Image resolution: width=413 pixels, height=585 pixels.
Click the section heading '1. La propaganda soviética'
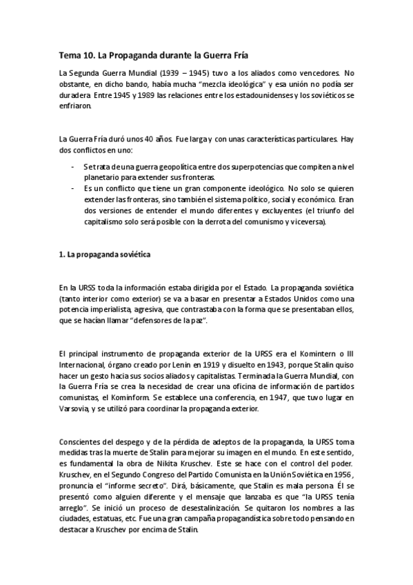point(104,255)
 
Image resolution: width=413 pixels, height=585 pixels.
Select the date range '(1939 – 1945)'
point(190,72)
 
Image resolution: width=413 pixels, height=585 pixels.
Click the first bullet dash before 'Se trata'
point(74,166)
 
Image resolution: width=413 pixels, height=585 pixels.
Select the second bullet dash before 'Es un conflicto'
point(74,188)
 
